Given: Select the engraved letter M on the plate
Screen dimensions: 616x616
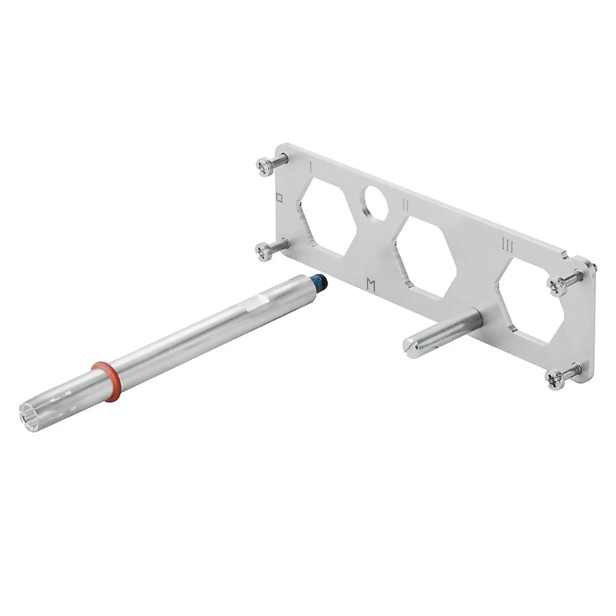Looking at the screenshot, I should (371, 285).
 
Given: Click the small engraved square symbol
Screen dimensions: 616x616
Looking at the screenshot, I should (279, 198).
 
